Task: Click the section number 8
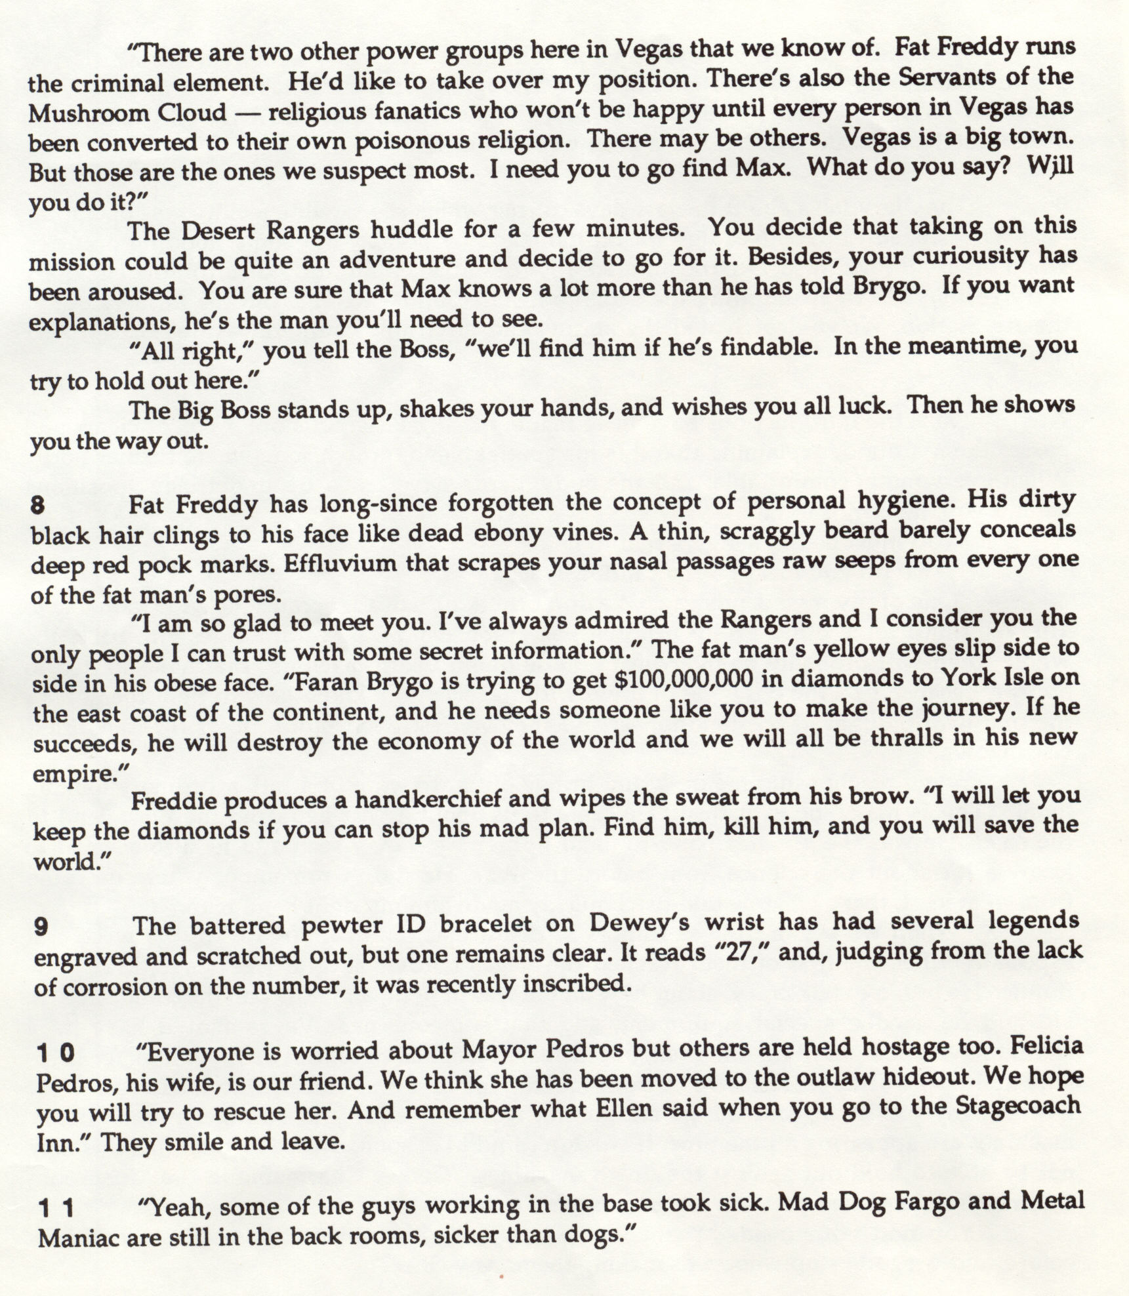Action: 37,506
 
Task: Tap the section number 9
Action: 41,927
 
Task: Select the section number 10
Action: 56,1053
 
